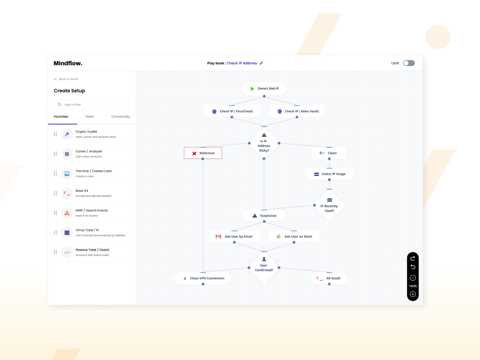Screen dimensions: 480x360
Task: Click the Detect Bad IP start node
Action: coord(264,88)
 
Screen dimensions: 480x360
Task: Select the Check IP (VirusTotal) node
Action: coord(232,111)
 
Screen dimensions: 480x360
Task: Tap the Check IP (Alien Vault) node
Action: coord(297,111)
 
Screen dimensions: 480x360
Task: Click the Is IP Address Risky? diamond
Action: coord(264,143)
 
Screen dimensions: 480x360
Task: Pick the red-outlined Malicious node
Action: coord(203,153)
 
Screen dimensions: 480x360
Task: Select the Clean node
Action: coord(329,153)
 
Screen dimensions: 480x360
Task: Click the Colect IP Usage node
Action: coord(329,174)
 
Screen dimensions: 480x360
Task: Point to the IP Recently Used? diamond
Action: coord(329,206)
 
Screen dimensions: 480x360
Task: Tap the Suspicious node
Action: coord(264,216)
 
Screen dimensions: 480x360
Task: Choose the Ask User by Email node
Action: coord(234,236)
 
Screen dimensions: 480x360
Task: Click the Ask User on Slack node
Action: coord(294,236)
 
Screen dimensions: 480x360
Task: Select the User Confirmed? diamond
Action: coord(264,267)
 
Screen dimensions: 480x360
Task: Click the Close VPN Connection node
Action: coord(203,278)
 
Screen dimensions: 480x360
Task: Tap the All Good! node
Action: coord(329,278)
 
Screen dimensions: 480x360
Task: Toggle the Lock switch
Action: coord(408,63)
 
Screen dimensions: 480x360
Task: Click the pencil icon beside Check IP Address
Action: coord(262,63)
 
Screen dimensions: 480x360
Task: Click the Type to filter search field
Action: coord(92,104)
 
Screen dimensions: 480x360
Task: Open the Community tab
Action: coord(120,117)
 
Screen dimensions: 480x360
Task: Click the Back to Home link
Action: coord(66,79)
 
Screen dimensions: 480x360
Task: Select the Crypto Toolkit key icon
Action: coord(67,134)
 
